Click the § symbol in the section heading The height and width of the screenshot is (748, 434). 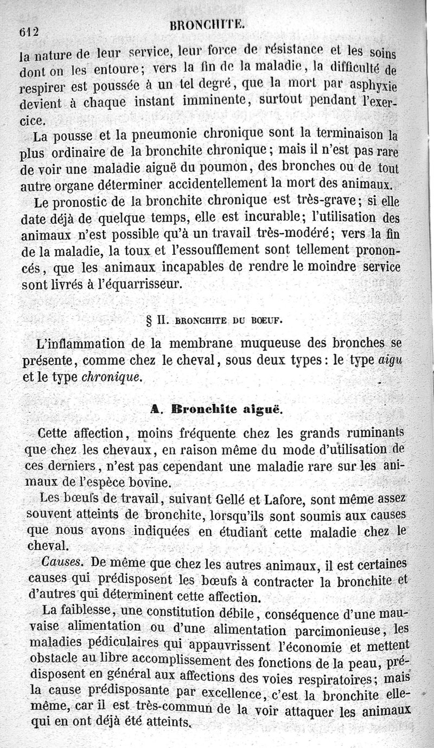click(x=149, y=319)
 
